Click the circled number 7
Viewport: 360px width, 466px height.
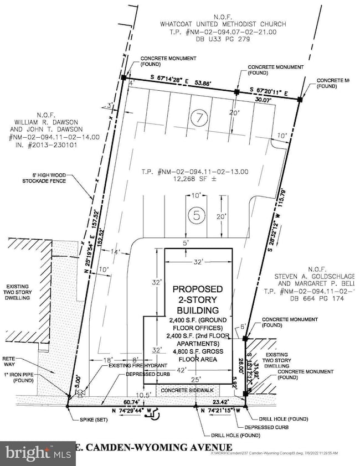click(x=197, y=117)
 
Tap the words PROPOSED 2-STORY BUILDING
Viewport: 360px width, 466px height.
click(x=198, y=299)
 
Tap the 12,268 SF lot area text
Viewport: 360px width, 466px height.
click(x=191, y=179)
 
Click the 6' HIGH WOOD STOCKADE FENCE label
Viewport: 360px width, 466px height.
click(x=59, y=177)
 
